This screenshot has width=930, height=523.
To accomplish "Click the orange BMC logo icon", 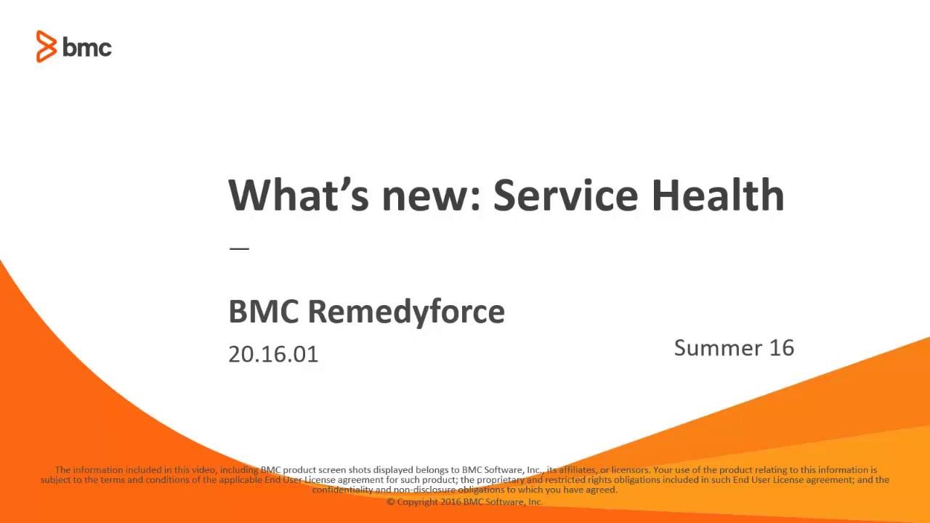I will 46,47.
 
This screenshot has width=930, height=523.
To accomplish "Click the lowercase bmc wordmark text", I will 87,48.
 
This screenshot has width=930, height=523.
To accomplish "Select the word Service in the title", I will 566,195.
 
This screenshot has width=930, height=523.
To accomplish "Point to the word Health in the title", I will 717,195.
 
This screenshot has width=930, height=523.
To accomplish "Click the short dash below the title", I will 239,248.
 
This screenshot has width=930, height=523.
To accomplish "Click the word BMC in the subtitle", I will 263,312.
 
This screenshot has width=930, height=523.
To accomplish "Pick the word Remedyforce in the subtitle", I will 406,312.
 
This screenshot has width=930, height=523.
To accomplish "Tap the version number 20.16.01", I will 273,354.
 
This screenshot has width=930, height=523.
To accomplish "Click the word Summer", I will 718,347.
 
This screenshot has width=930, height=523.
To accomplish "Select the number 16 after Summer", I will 782,347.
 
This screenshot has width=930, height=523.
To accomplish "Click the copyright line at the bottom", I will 465,501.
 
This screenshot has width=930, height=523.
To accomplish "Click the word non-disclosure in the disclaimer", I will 421,490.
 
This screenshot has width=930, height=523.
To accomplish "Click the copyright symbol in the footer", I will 391,501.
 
